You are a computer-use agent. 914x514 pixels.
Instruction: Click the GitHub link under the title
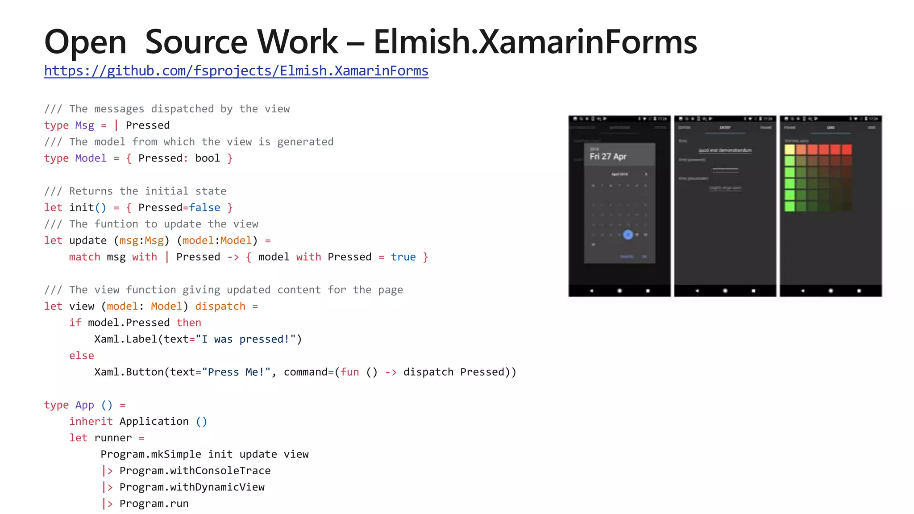(236, 71)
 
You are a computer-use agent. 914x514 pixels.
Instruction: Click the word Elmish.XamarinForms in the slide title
(535, 42)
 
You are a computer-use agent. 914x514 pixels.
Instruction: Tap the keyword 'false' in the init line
(204, 208)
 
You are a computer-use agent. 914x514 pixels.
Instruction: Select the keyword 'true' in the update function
(403, 257)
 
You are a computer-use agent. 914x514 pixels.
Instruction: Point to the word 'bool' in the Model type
(208, 158)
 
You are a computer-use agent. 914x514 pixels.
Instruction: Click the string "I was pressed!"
(246, 340)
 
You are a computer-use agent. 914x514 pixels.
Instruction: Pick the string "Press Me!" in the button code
(236, 372)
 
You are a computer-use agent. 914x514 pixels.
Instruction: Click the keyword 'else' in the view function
(81, 356)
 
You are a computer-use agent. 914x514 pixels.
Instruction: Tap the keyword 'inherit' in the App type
(91, 422)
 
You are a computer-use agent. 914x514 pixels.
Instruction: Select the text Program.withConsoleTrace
(195, 471)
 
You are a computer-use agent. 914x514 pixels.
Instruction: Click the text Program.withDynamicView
(192, 487)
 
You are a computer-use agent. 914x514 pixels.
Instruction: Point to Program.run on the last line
(154, 504)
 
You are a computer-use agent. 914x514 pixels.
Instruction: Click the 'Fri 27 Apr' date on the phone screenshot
(608, 157)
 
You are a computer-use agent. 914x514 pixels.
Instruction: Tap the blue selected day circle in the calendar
(628, 234)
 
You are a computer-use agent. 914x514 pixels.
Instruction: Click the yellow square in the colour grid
(789, 149)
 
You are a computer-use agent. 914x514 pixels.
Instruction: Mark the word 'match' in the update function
(84, 257)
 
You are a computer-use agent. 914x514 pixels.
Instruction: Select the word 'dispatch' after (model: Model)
(220, 307)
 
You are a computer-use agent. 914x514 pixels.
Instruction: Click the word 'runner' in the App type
(113, 438)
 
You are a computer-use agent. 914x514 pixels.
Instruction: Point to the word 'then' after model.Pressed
(188, 323)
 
